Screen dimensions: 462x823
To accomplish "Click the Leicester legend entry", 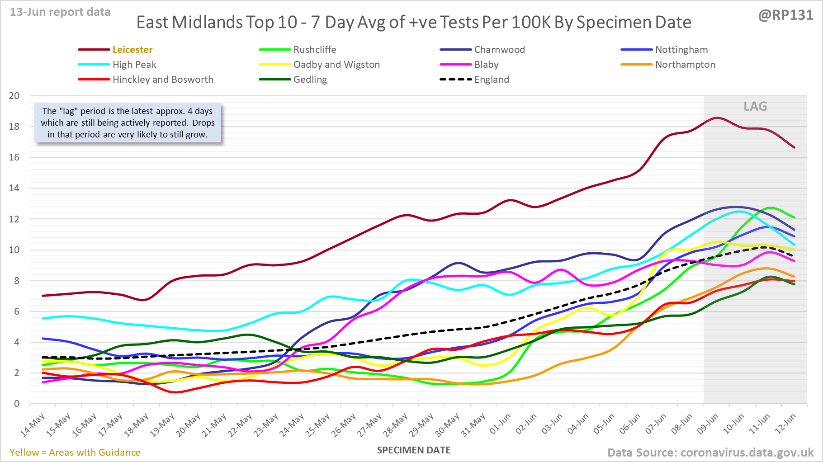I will (132, 50).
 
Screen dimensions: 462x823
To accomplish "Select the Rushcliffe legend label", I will (314, 50).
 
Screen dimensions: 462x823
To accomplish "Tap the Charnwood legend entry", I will (499, 50).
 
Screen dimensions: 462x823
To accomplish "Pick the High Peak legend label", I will (134, 65).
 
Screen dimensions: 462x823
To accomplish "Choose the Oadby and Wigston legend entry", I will (336, 65).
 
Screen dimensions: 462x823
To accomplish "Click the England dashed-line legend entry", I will (492, 80).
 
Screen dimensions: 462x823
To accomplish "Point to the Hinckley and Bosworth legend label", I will (163, 80).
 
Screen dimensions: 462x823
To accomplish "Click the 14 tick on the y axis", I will (14, 188).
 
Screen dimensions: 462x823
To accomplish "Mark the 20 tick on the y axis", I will (14, 96).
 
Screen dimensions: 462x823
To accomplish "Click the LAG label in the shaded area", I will (755, 106).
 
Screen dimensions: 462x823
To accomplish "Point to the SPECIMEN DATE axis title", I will (414, 450).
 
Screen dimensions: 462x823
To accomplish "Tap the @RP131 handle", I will (785, 15).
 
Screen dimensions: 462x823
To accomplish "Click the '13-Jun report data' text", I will (60, 12).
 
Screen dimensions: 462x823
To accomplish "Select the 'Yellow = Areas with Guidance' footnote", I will (75, 453).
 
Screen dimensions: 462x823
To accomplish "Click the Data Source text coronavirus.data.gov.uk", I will (710, 453).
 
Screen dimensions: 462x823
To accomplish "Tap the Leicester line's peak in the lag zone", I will (717, 118).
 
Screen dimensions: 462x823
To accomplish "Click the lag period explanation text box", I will (128, 123).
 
